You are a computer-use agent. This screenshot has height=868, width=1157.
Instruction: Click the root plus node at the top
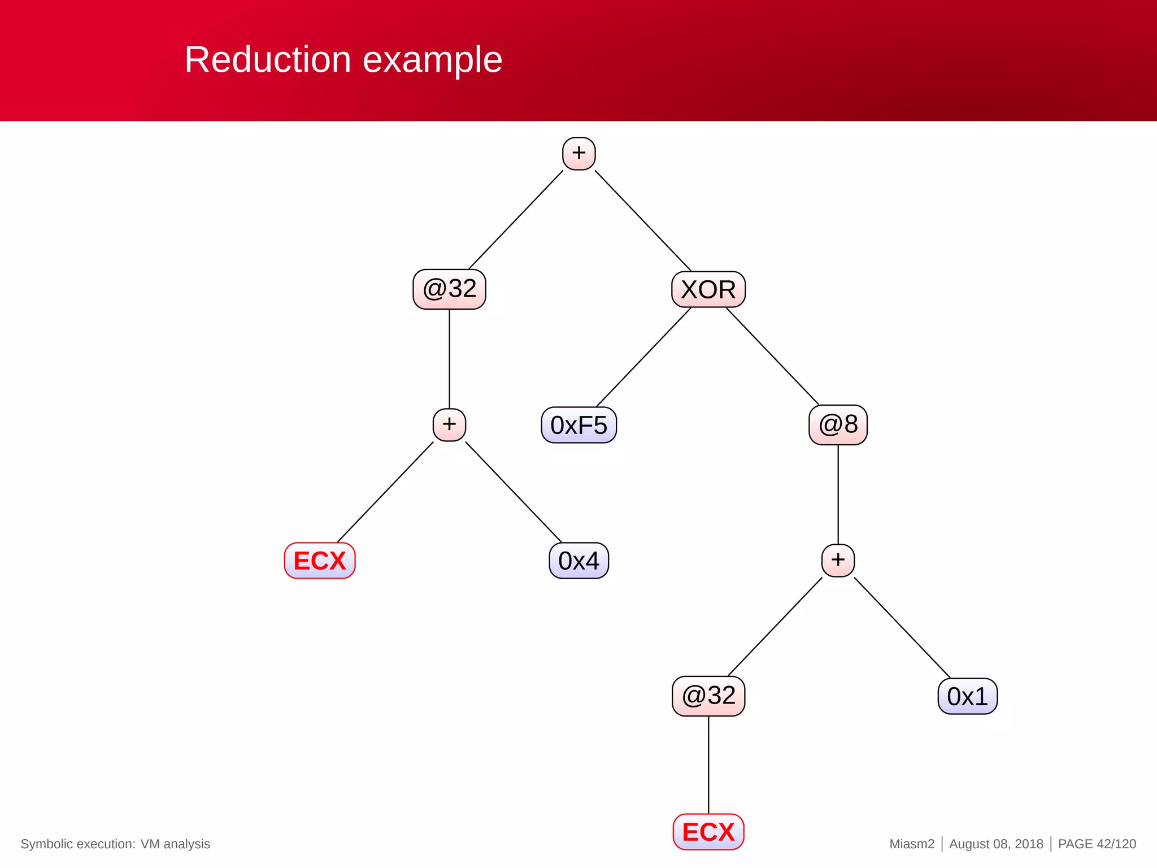pyautogui.click(x=578, y=153)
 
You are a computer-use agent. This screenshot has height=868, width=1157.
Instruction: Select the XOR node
pyautogui.click(x=708, y=289)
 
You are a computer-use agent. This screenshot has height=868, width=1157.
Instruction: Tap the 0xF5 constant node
pyautogui.click(x=578, y=425)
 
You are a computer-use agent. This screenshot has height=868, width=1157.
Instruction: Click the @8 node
pyautogui.click(x=838, y=424)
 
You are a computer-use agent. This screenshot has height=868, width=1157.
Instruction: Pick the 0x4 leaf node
pyautogui.click(x=578, y=561)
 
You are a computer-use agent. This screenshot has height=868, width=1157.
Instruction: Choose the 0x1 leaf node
pyautogui.click(x=967, y=696)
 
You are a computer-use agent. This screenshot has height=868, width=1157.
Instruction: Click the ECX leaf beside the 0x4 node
pyautogui.click(x=320, y=561)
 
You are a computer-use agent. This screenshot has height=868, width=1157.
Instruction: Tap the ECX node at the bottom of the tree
pyautogui.click(x=708, y=832)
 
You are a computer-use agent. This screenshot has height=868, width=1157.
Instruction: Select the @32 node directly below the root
pyautogui.click(x=449, y=289)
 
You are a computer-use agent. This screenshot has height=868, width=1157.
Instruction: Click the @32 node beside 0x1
pyautogui.click(x=708, y=696)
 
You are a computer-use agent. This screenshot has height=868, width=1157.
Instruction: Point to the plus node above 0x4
pyautogui.click(x=449, y=424)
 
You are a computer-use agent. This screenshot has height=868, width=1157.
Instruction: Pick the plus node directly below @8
pyautogui.click(x=838, y=560)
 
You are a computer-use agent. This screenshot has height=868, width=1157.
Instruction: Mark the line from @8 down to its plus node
pyautogui.click(x=838, y=494)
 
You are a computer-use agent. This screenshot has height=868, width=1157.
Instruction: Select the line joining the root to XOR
pyautogui.click(x=643, y=220)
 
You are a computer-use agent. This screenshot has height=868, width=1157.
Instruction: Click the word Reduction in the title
pyautogui.click(x=268, y=59)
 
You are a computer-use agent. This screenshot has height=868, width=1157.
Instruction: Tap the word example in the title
pyautogui.click(x=432, y=59)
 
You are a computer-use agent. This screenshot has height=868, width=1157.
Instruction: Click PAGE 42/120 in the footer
pyautogui.click(x=1097, y=844)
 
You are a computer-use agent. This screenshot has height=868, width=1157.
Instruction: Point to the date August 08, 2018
pyautogui.click(x=996, y=844)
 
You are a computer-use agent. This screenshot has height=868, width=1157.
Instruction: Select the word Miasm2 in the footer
pyautogui.click(x=912, y=844)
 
